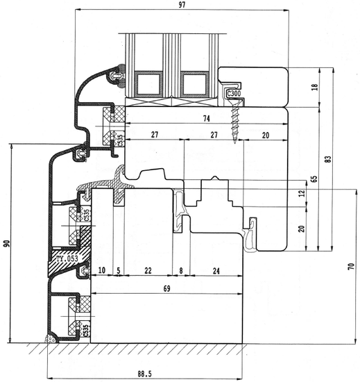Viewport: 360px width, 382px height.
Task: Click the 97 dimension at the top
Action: [182, 5]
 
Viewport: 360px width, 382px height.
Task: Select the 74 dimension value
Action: [206, 119]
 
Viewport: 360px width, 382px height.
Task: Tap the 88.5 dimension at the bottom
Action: [144, 374]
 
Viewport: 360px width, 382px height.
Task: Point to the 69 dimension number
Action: [166, 289]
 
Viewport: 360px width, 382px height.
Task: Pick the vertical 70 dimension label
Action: [351, 266]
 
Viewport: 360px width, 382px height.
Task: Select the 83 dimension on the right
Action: [328, 159]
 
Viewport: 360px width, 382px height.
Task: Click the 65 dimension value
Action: [314, 179]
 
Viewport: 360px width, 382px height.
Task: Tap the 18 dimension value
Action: [315, 87]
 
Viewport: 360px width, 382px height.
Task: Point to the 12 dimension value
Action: [302, 194]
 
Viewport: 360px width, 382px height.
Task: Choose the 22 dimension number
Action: [148, 270]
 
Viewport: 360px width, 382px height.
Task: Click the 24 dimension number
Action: [216, 271]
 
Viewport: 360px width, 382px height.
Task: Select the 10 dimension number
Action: [102, 270]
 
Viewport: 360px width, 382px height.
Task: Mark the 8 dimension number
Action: [181, 271]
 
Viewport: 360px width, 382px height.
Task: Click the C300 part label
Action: [234, 93]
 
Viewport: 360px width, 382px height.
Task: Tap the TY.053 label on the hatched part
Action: [67, 258]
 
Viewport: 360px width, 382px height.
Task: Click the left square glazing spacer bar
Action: [148, 83]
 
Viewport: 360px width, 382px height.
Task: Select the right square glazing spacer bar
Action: [195, 83]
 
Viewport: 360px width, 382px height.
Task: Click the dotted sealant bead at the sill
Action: [51, 339]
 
